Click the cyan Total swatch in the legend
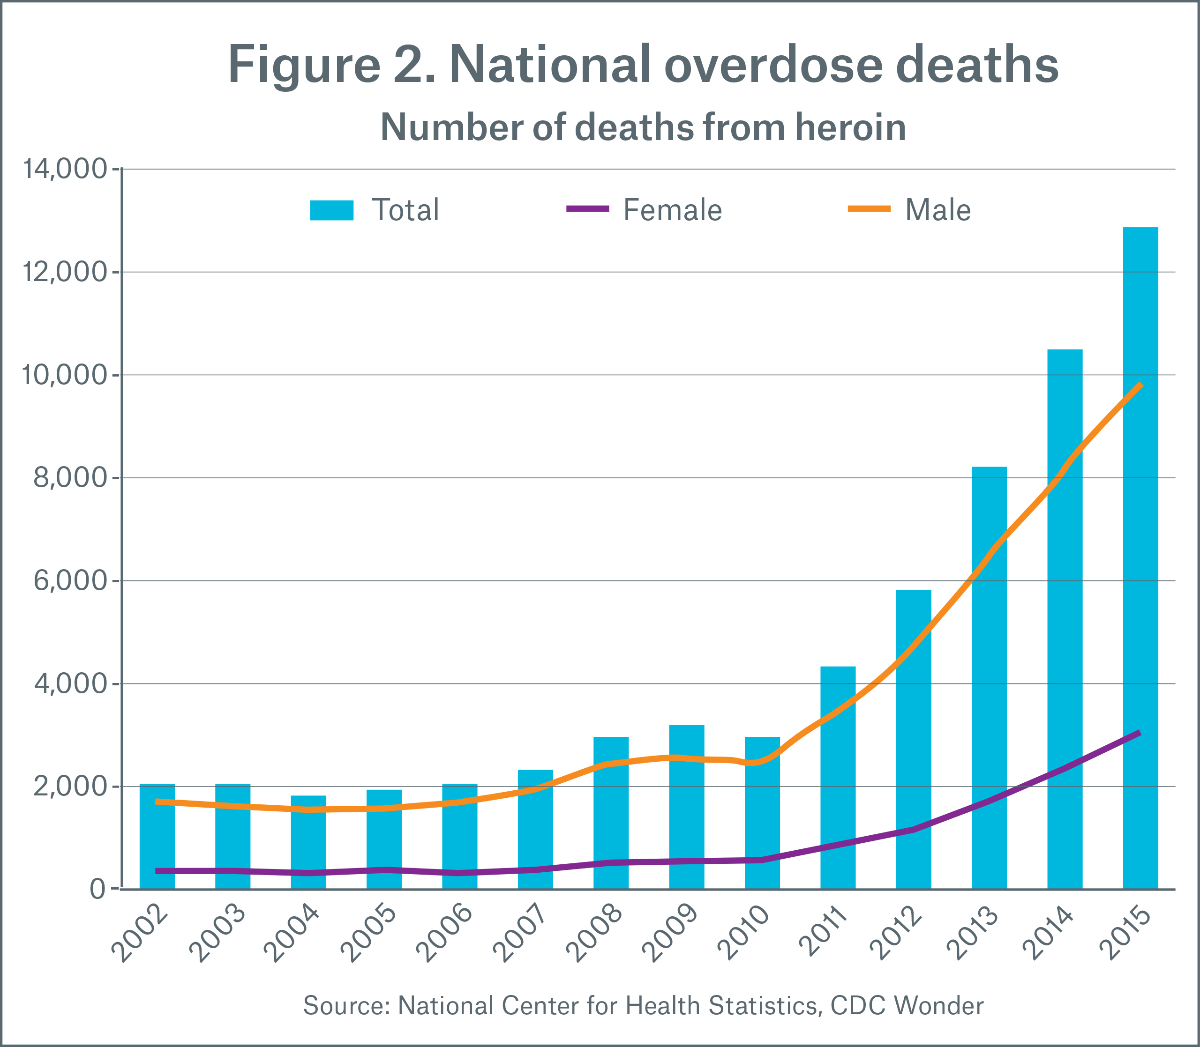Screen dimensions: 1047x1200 331,210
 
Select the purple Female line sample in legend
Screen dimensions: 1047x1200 587,208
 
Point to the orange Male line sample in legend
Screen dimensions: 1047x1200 869,208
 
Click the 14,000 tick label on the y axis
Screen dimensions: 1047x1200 64,170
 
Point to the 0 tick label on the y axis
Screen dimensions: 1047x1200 98,889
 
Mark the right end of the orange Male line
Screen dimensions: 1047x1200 1140,385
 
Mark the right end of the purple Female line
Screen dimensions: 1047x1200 1139,733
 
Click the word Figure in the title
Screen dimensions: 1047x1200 304,66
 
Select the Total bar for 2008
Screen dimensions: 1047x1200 611,813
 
